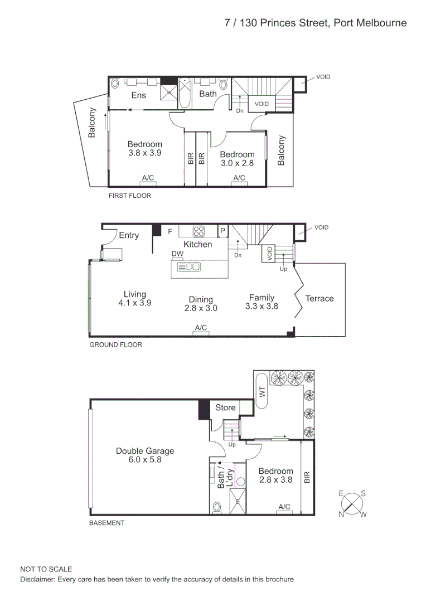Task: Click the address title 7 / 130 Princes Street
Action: point(315,23)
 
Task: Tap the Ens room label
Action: point(139,95)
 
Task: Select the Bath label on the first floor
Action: point(208,94)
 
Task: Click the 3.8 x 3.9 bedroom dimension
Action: point(145,153)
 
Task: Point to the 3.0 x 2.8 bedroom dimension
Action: point(237,163)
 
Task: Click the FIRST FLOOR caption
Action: point(129,196)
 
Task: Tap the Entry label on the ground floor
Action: point(129,235)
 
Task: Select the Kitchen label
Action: point(198,244)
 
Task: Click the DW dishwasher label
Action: point(178,254)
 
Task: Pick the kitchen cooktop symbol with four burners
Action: point(199,231)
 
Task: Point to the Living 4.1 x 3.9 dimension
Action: point(135,303)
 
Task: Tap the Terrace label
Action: point(319,299)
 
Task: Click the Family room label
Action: point(262,298)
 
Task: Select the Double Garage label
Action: point(145,451)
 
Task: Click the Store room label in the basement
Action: point(225,407)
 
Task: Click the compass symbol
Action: point(352,504)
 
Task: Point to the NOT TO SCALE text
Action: point(46,569)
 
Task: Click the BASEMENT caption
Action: point(107,523)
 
